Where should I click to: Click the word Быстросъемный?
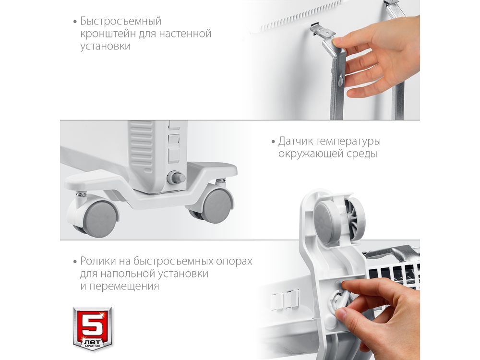[120, 22]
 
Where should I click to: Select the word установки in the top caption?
[105, 46]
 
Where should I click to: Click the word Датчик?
[295, 142]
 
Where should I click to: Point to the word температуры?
[348, 142]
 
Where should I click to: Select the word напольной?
[130, 274]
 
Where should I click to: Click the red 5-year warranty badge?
[92, 329]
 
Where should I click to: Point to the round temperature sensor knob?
[176, 178]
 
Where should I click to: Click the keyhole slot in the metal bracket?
[341, 81]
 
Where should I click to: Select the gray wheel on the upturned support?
[327, 218]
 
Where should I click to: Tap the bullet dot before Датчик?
[273, 142]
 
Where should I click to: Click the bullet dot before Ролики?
[75, 262]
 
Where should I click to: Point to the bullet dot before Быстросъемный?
[75, 22]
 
